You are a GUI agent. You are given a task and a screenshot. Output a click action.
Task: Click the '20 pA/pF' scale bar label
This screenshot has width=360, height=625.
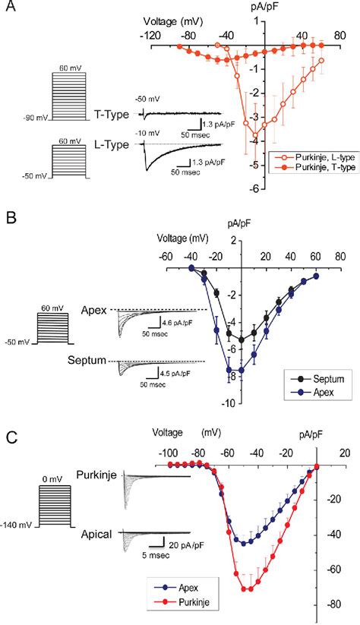pyautogui.click(x=185, y=545)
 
